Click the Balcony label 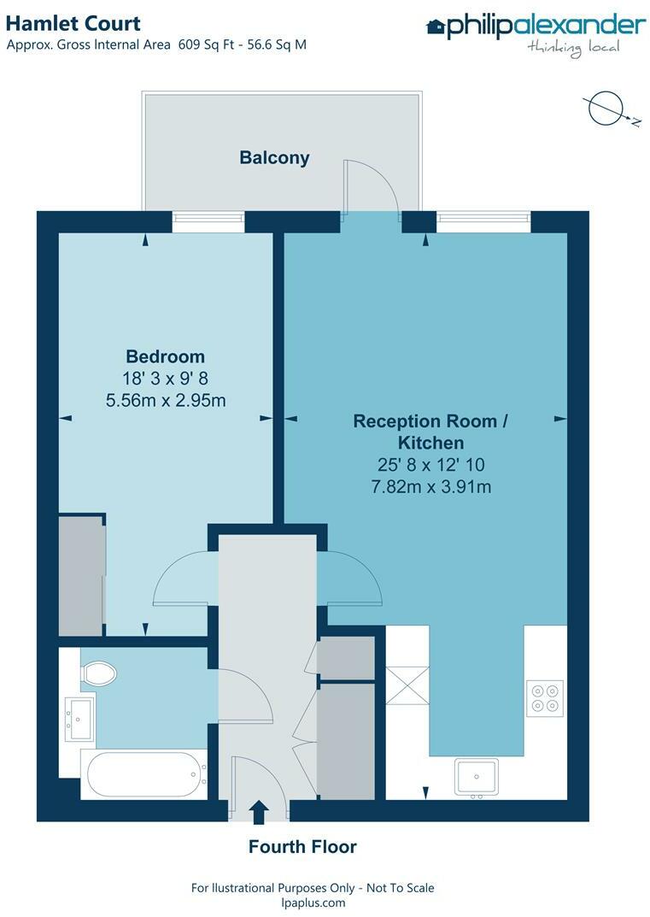274,158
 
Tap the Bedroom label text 166,356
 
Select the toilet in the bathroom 99,673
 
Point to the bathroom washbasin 79,719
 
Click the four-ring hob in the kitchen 545,698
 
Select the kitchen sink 477,777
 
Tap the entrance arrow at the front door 258,813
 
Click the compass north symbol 611,109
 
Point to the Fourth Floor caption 302,846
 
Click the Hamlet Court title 73,23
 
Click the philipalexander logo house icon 436,26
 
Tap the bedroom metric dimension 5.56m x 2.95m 166,401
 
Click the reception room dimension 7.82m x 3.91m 431,486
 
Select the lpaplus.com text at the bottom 313,902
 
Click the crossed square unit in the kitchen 407,686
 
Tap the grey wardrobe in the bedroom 82,575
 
